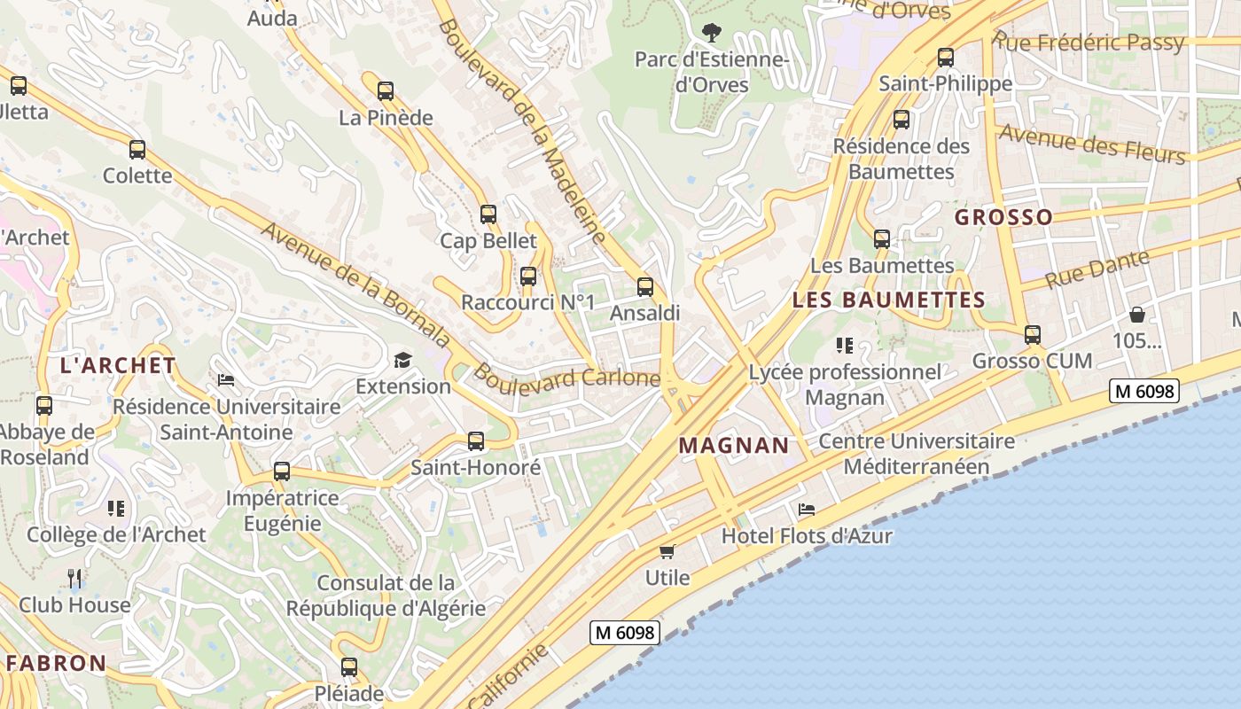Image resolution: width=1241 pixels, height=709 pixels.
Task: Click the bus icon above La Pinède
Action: [385, 90]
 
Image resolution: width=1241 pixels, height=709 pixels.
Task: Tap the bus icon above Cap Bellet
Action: [488, 214]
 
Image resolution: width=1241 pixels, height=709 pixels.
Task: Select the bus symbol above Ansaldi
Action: [645, 286]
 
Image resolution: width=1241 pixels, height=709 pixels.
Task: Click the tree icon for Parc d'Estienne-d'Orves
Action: [711, 33]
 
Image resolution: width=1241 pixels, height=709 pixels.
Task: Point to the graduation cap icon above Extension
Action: [403, 360]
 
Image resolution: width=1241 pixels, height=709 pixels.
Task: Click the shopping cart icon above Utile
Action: [667, 551]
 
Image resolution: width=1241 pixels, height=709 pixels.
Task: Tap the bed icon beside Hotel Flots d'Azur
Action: [806, 510]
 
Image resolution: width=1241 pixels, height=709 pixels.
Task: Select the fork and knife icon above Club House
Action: [74, 579]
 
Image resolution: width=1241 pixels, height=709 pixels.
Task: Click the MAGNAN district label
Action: [733, 446]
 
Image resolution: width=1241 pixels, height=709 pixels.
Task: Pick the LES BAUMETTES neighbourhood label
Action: [888, 300]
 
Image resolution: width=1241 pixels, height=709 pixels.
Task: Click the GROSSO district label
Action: [1003, 217]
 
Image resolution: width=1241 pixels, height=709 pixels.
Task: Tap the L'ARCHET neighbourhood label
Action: [118, 365]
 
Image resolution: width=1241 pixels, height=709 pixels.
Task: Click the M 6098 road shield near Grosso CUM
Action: [1144, 391]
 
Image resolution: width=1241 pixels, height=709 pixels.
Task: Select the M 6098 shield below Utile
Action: [625, 633]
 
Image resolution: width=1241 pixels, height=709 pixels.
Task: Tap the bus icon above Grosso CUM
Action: [1032, 334]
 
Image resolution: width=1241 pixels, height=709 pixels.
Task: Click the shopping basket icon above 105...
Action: [1136, 315]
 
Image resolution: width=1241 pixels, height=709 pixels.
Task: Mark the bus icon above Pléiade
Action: [349, 666]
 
